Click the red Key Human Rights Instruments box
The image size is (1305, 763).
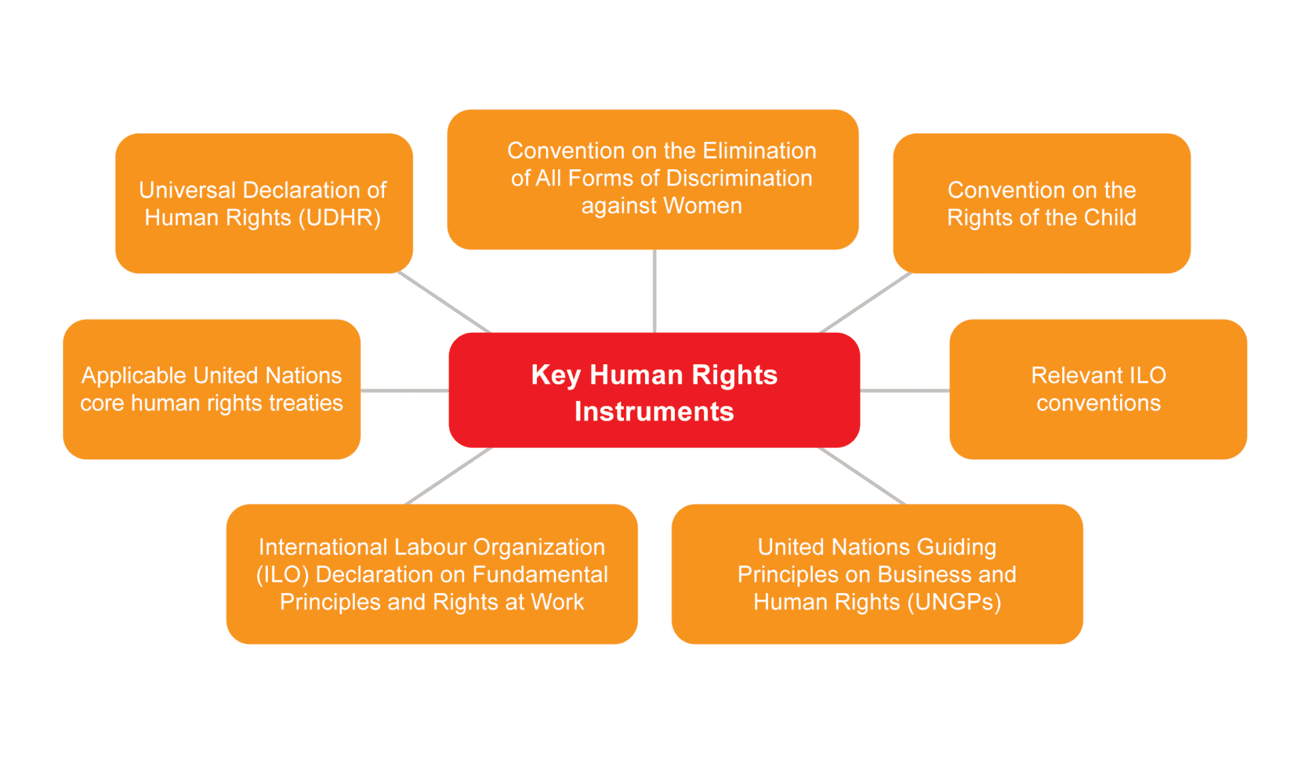tap(655, 390)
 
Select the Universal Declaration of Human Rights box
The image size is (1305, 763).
tap(264, 203)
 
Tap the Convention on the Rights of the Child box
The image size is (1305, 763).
tap(1041, 203)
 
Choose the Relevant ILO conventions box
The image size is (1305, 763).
tap(1098, 389)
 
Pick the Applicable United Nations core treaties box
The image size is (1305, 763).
tap(211, 389)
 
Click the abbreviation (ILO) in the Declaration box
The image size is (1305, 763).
tap(283, 575)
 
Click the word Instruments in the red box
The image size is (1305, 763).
tap(655, 412)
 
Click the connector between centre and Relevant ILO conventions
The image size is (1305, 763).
tap(905, 391)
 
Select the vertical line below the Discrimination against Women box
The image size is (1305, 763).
tap(655, 291)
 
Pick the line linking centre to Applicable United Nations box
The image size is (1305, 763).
tap(404, 391)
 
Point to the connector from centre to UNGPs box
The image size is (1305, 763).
tap(862, 476)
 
